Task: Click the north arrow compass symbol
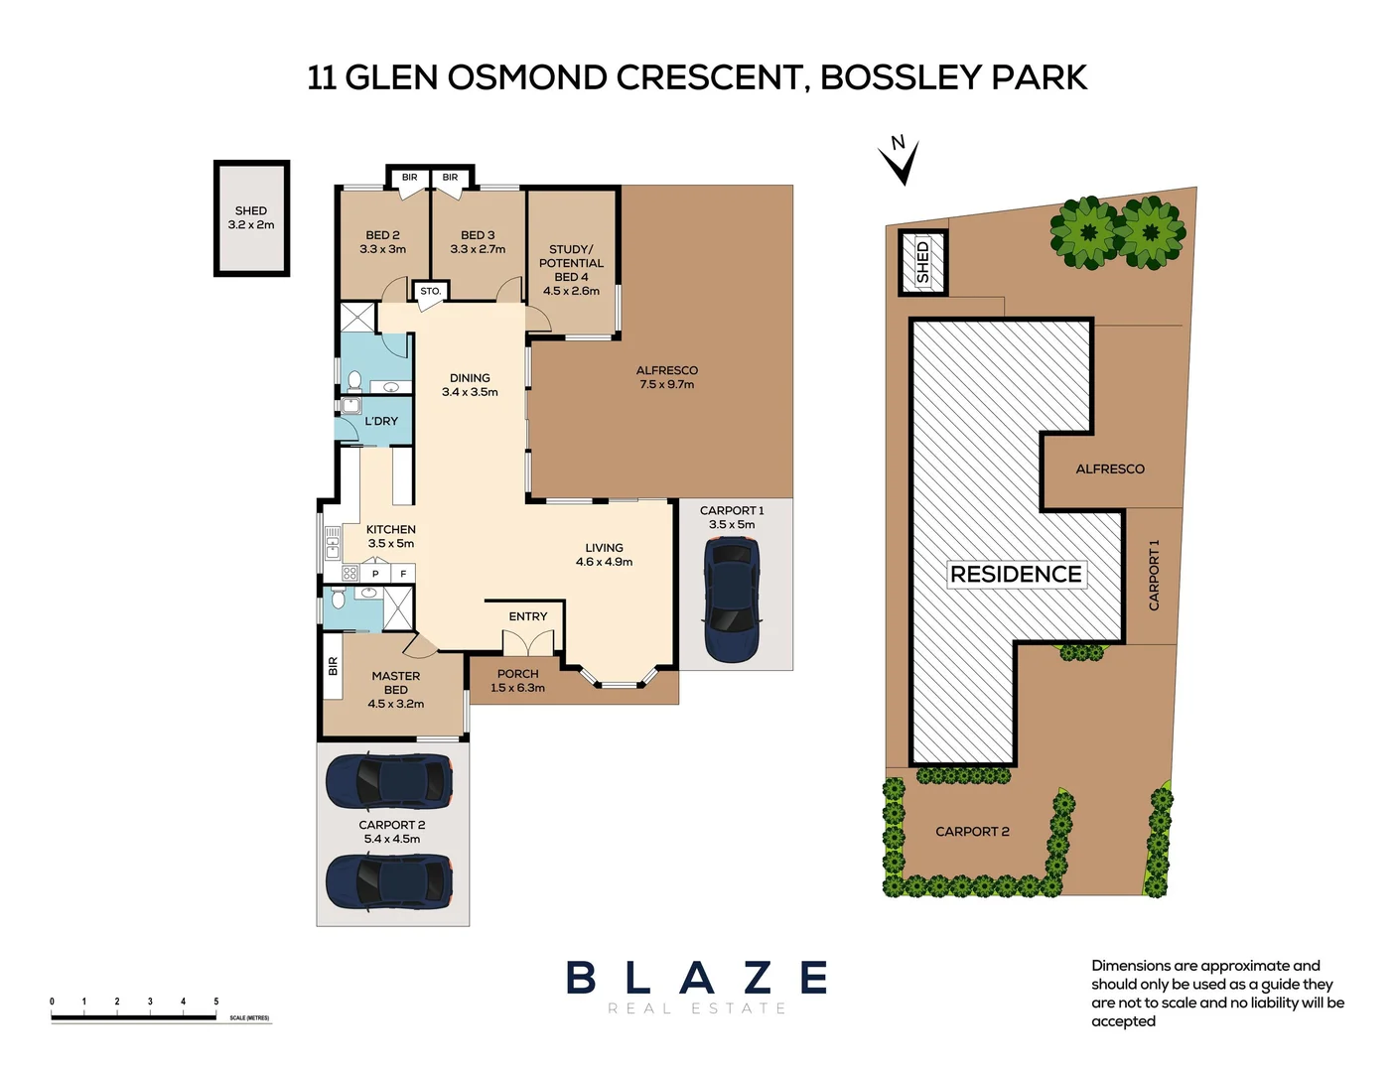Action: (900, 161)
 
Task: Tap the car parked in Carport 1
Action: (732, 600)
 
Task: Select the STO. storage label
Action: (430, 291)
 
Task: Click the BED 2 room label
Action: (382, 242)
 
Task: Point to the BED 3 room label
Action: (478, 242)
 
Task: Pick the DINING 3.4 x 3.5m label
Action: (470, 385)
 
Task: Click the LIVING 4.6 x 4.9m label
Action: (604, 555)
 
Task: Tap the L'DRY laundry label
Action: (381, 421)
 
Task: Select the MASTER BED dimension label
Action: (395, 690)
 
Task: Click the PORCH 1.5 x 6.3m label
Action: (517, 681)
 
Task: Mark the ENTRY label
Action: (527, 616)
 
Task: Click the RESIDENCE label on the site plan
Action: (1016, 574)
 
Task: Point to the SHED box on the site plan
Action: (922, 262)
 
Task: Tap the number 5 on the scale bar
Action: (216, 1002)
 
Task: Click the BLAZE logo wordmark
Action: (697, 978)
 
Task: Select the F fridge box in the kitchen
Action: (403, 574)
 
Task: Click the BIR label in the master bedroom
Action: (333, 666)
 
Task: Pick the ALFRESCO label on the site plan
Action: (1109, 469)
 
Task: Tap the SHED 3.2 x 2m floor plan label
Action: (251, 217)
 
